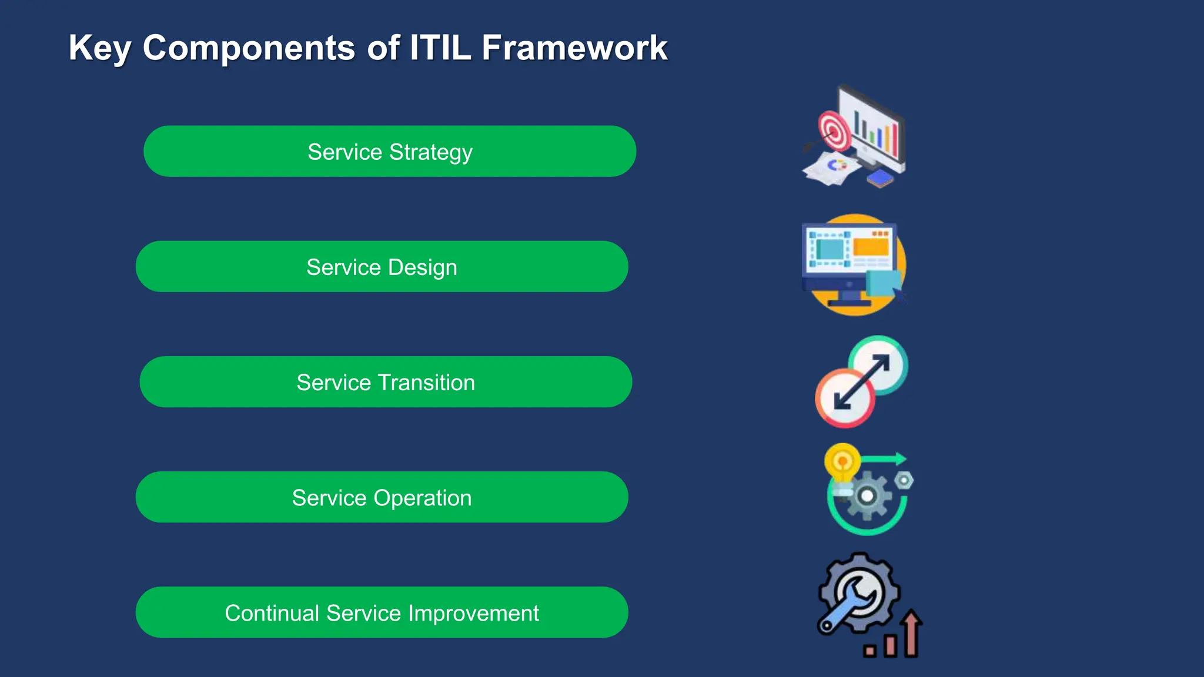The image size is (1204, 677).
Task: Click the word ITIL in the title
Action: point(440,48)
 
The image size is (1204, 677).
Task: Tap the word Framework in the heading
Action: point(574,48)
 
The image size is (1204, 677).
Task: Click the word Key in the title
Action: point(99,48)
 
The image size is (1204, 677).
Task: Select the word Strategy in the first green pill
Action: point(431,152)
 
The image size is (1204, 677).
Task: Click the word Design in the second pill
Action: point(422,267)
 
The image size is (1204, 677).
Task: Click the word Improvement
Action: point(473,613)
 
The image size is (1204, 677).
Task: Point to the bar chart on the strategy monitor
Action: point(877,133)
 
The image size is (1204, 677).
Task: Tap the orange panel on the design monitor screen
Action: point(871,247)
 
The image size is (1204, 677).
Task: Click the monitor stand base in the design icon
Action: point(849,303)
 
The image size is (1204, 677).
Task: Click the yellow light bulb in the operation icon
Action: point(842,461)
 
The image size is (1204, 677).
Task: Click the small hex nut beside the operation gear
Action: point(904,481)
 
